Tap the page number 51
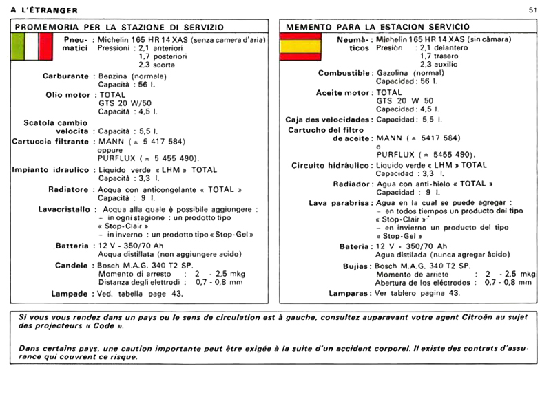pyautogui.click(x=533, y=10)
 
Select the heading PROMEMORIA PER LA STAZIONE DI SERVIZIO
pyautogui.click(x=118, y=27)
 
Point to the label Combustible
pyautogui.click(x=344, y=73)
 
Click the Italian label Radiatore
pyautogui.click(x=68, y=189)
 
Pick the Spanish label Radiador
pyautogui.click(x=353, y=184)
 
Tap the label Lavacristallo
pyautogui.click(x=63, y=208)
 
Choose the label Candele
pyautogui.click(x=71, y=264)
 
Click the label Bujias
pyautogui.click(x=357, y=266)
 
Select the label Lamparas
pyautogui.click(x=349, y=293)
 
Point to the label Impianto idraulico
pyautogui.click(x=50, y=169)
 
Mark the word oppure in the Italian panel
pyautogui.click(x=110, y=151)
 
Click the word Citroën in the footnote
pyautogui.click(x=482, y=316)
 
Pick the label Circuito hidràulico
pyautogui.click(x=331, y=165)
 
